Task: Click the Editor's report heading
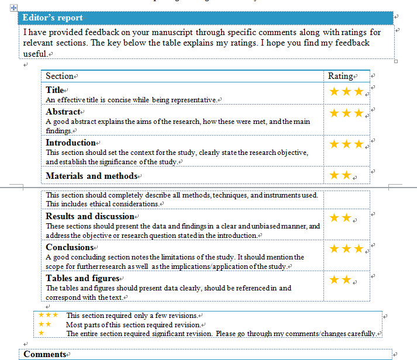(53, 18)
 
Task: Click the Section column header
(60, 76)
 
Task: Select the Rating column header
(340, 76)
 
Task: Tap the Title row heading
(54, 90)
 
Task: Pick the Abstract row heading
(63, 112)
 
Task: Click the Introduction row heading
(70, 143)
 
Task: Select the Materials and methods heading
(91, 176)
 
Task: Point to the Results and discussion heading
(90, 216)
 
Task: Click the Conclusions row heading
(70, 247)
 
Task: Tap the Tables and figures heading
(82, 278)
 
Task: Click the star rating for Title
(346, 92)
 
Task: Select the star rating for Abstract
(346, 113)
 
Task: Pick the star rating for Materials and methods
(340, 175)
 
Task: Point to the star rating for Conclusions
(346, 249)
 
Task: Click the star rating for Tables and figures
(340, 280)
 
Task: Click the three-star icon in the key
(48, 315)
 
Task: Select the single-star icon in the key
(41, 333)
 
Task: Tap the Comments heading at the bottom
(44, 354)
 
